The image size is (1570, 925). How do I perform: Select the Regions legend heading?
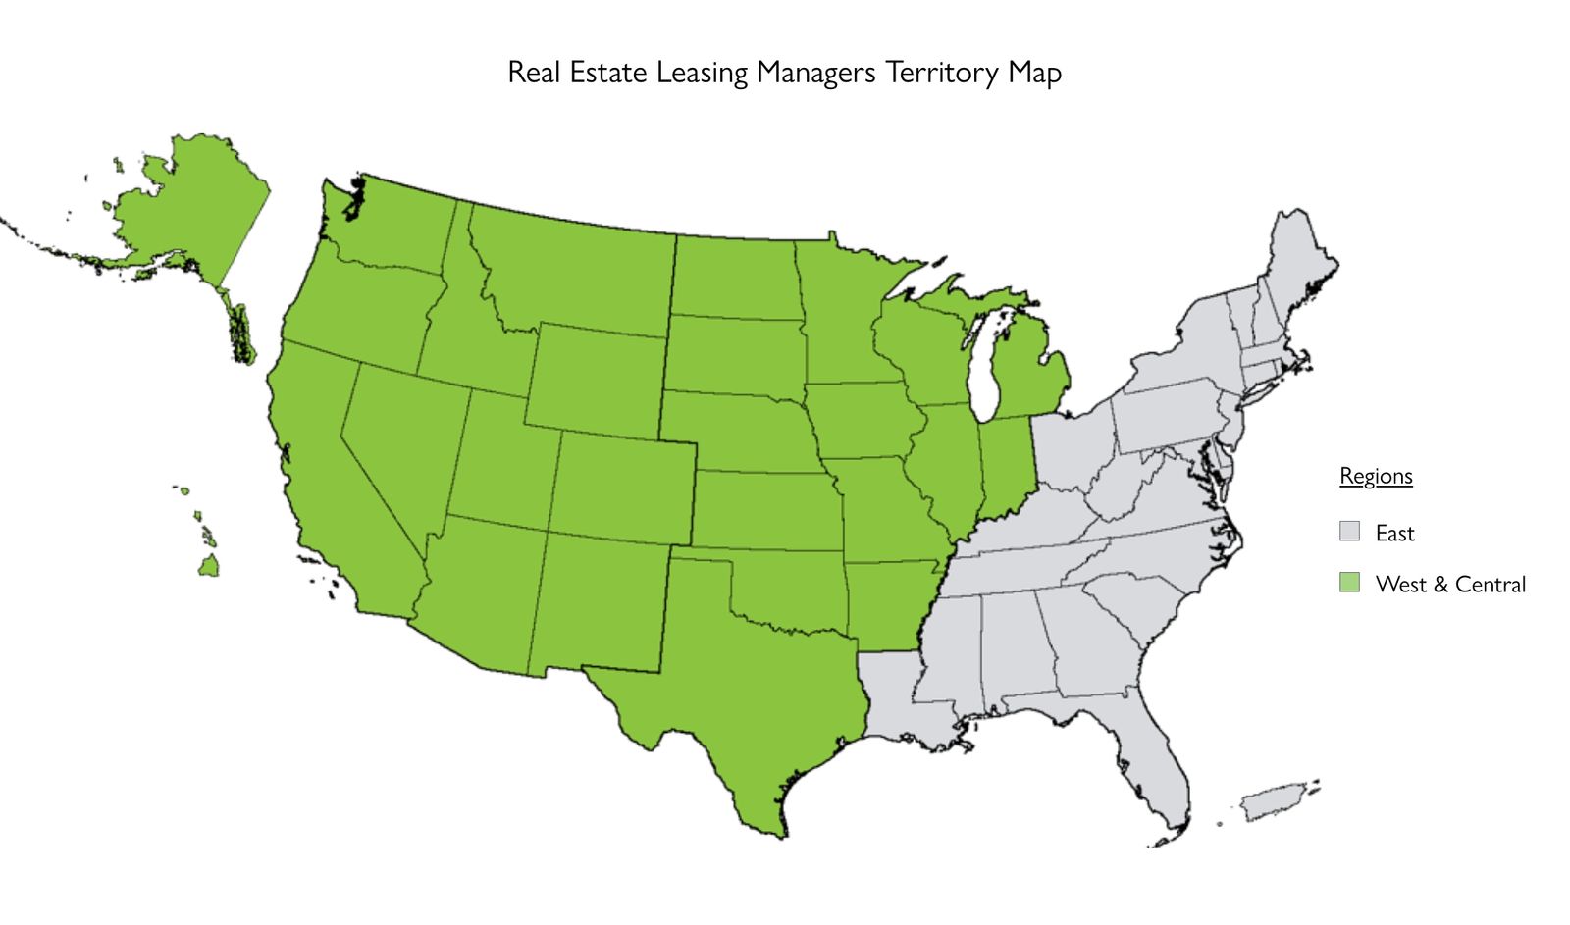click(x=1376, y=477)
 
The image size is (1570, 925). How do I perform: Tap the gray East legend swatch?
click(x=1350, y=532)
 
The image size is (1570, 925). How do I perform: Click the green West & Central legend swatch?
click(x=1350, y=583)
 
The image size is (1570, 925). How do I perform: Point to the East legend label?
click(x=1394, y=534)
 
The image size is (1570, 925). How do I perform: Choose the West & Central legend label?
click(x=1450, y=585)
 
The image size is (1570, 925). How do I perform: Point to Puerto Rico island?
click(x=1272, y=804)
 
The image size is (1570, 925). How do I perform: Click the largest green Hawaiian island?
click(x=208, y=566)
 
